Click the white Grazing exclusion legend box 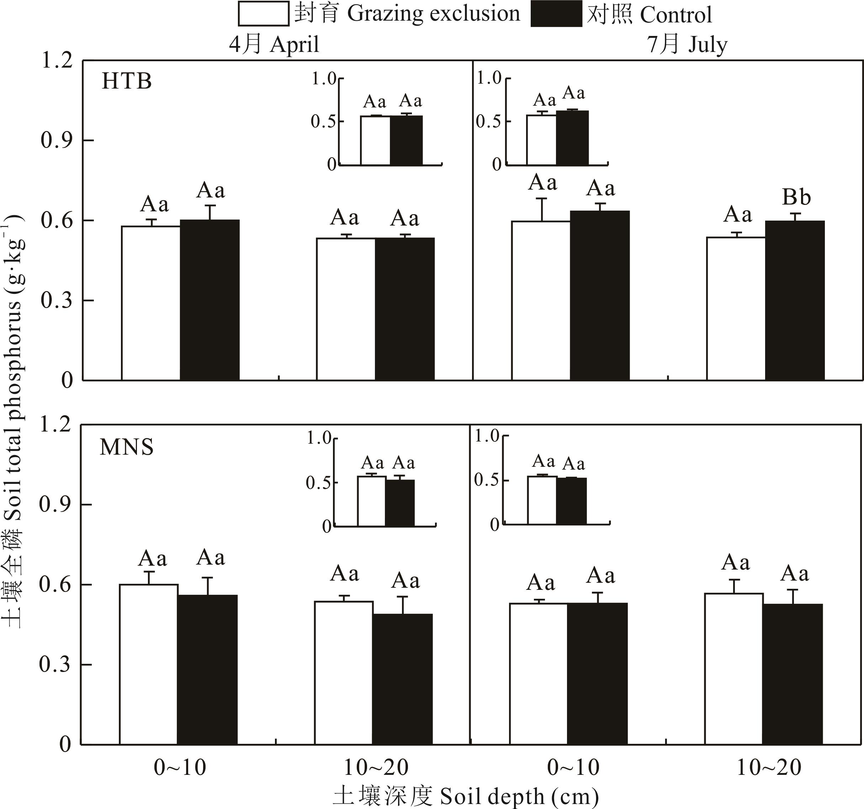(263, 14)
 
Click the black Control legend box (556, 14)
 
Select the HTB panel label (127, 81)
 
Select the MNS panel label (127, 447)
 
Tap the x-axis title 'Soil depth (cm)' (466, 797)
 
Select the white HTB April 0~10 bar (151, 303)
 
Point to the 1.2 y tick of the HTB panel (57, 60)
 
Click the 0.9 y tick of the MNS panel (55, 504)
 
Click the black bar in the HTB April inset (406, 141)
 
